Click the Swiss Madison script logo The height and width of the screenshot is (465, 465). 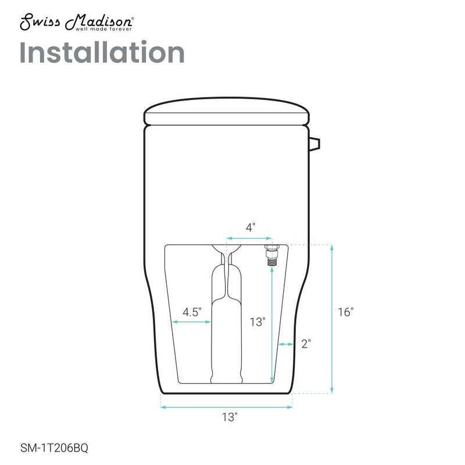click(x=76, y=22)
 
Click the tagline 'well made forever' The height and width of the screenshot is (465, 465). click(x=103, y=29)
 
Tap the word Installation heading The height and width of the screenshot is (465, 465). click(x=102, y=52)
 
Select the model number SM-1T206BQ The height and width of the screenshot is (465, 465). click(x=54, y=448)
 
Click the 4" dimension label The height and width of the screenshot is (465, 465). click(x=251, y=227)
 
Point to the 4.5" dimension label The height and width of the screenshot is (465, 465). click(x=192, y=312)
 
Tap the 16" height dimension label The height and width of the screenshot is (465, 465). click(x=346, y=312)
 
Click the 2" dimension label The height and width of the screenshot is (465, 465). click(x=306, y=344)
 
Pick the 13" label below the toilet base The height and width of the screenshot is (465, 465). click(x=230, y=417)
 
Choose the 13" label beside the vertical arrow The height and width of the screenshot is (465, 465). click(x=257, y=322)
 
